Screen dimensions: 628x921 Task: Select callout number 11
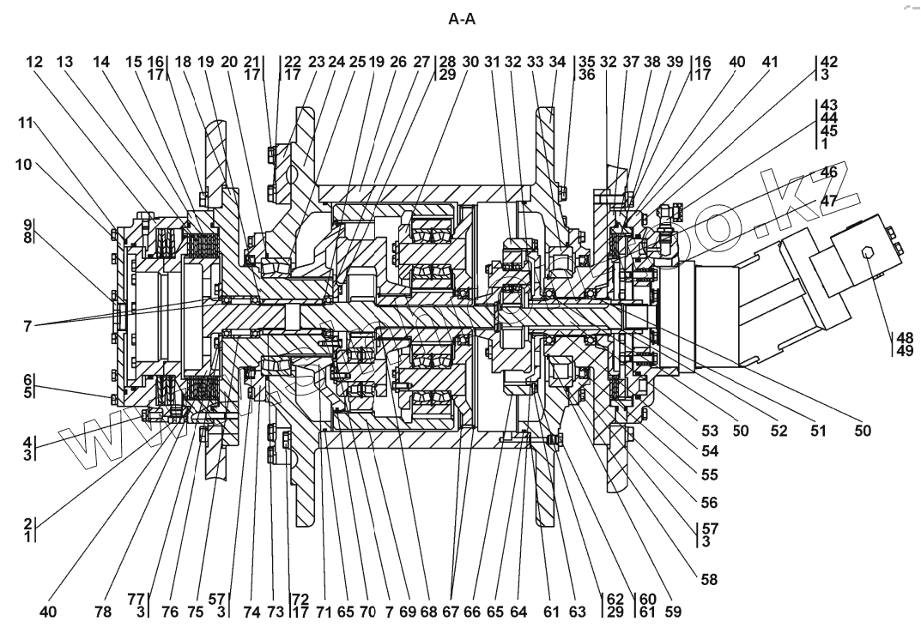[27, 123]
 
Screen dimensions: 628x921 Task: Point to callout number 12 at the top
[34, 63]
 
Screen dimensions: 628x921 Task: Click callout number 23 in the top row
[317, 63]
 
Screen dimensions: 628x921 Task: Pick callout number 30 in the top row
[470, 63]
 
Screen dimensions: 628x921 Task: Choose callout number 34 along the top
[558, 63]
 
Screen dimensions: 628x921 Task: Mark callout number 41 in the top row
[769, 63]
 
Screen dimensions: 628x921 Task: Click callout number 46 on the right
[828, 173]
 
